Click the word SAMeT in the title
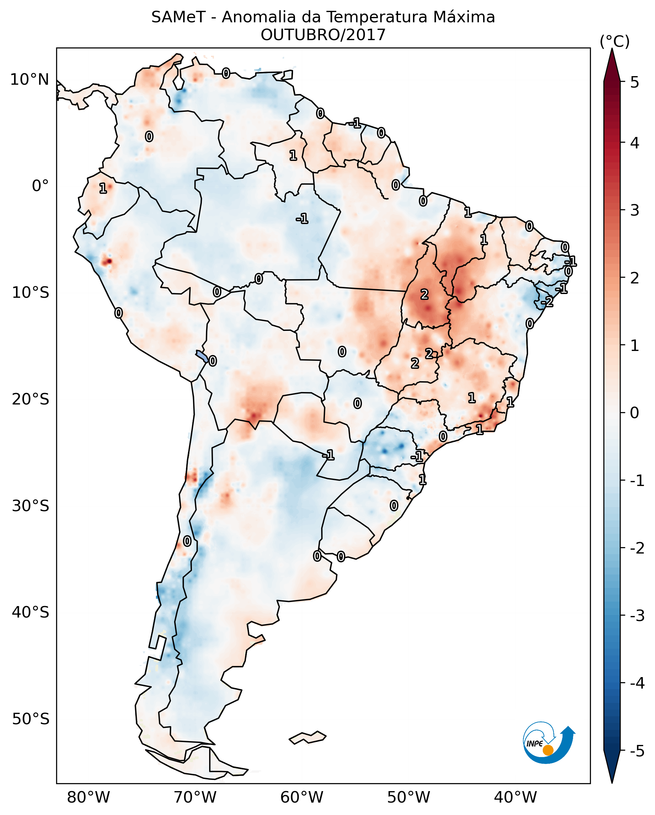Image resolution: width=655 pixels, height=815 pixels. [x=178, y=18]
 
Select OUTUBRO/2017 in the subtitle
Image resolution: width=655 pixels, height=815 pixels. [x=323, y=35]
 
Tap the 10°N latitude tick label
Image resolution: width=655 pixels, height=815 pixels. [x=30, y=80]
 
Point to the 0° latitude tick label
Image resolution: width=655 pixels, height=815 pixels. [x=40, y=186]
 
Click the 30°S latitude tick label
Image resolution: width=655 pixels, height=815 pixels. [x=30, y=506]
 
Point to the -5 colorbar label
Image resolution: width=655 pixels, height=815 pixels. [x=637, y=751]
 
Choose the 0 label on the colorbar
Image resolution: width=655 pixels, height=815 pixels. [x=635, y=412]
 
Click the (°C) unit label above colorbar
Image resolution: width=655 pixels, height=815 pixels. [x=615, y=42]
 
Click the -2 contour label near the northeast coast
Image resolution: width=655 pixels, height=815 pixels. [x=547, y=302]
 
